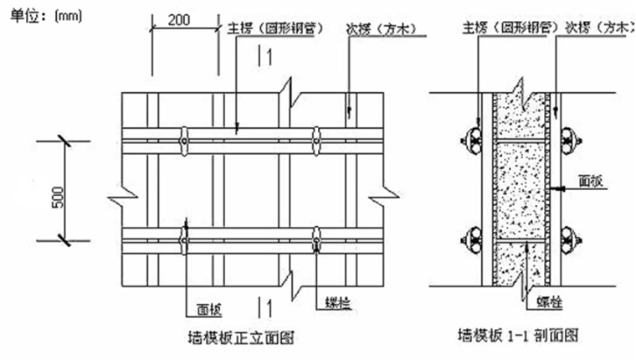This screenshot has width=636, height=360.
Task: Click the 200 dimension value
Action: click(177, 19)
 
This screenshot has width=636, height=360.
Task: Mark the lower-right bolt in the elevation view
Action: click(317, 239)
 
